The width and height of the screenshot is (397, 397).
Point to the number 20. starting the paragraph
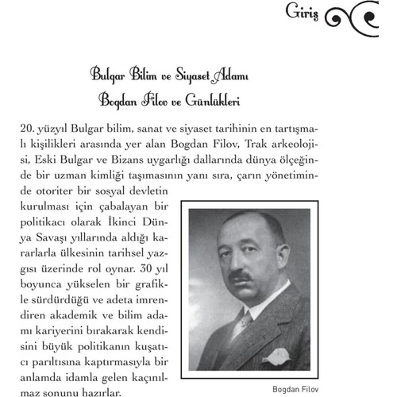coord(26,127)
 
